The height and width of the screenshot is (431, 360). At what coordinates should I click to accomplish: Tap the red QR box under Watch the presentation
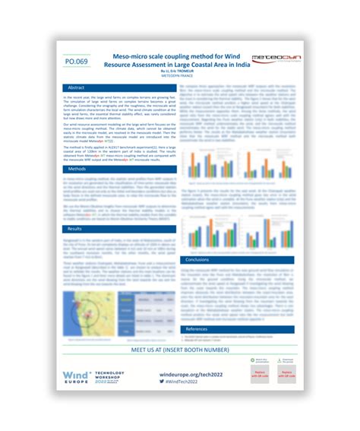pyautogui.click(x=261, y=377)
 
